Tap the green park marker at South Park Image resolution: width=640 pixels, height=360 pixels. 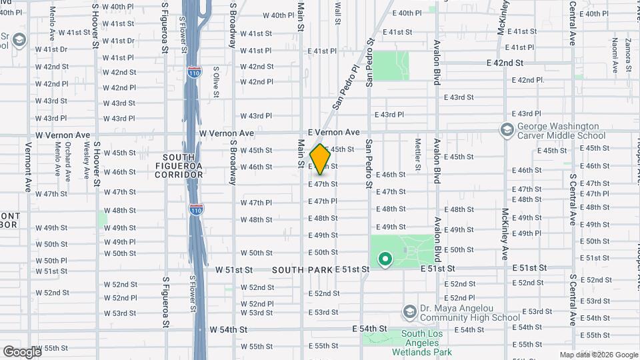pos(385,259)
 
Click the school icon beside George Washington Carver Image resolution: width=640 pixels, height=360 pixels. pos(507,129)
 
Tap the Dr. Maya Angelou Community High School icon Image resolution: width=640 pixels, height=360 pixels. pos(409,312)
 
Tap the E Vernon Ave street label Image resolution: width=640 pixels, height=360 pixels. pos(333,133)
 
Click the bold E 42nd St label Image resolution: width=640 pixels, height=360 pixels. pos(505,63)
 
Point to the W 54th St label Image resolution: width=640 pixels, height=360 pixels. pos(229,329)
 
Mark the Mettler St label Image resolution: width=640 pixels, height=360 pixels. pos(418,153)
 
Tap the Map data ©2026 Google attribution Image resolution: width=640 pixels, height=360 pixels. pos(599,355)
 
